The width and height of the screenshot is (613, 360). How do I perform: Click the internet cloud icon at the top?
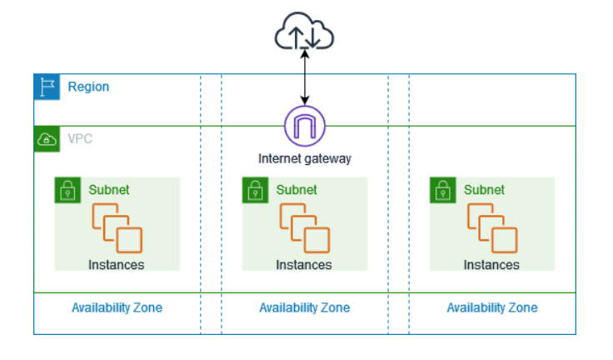tap(304, 34)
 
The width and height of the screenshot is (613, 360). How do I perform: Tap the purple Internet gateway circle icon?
tap(304, 127)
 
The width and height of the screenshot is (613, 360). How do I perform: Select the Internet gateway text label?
tap(304, 158)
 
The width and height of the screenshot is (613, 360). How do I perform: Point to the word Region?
tap(88, 87)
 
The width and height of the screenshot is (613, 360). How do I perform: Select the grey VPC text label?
tap(80, 138)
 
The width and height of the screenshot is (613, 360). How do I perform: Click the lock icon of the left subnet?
tap(67, 190)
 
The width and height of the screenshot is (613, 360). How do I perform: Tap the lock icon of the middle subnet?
tap(254, 190)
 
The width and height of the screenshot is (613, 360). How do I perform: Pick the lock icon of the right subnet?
tap(441, 190)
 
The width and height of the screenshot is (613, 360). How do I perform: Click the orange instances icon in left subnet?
tap(117, 227)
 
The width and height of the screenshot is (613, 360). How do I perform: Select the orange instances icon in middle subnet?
tap(304, 227)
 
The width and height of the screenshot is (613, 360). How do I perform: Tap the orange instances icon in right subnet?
tap(491, 227)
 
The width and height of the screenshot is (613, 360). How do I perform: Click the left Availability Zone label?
tap(117, 307)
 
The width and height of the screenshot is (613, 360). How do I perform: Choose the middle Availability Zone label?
tap(304, 307)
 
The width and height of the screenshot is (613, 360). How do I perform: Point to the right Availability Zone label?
tap(491, 307)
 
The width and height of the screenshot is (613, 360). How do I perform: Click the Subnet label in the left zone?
tap(109, 189)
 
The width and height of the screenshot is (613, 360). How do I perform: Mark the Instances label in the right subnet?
tap(491, 265)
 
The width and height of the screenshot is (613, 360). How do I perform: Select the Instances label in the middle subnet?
tap(304, 265)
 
